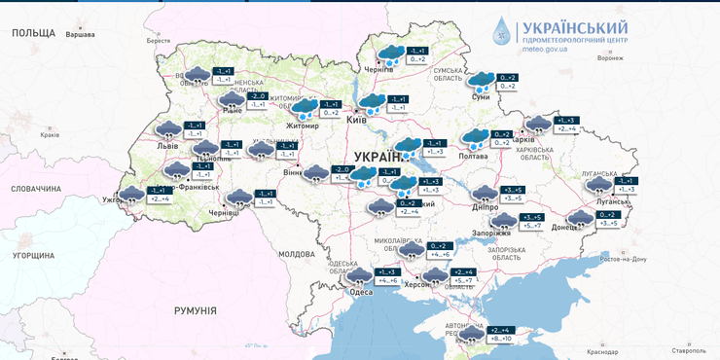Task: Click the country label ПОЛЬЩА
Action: pyautogui.click(x=34, y=33)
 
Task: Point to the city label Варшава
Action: pyautogui.click(x=80, y=34)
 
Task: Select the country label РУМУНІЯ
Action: pyautogui.click(x=195, y=310)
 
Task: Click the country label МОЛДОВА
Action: pyautogui.click(x=297, y=254)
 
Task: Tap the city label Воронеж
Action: pyautogui.click(x=610, y=57)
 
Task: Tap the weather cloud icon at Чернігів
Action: pyautogui.click(x=391, y=54)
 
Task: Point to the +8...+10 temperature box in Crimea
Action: pyautogui.click(x=500, y=339)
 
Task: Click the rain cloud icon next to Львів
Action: pyautogui.click(x=168, y=129)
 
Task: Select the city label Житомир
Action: pyautogui.click(x=303, y=126)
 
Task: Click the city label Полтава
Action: pyautogui.click(x=473, y=156)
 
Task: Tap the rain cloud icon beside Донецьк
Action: pyautogui.click(x=581, y=218)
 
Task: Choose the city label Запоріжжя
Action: pyautogui.click(x=492, y=233)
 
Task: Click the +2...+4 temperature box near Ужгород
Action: pyautogui.click(x=160, y=198)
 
